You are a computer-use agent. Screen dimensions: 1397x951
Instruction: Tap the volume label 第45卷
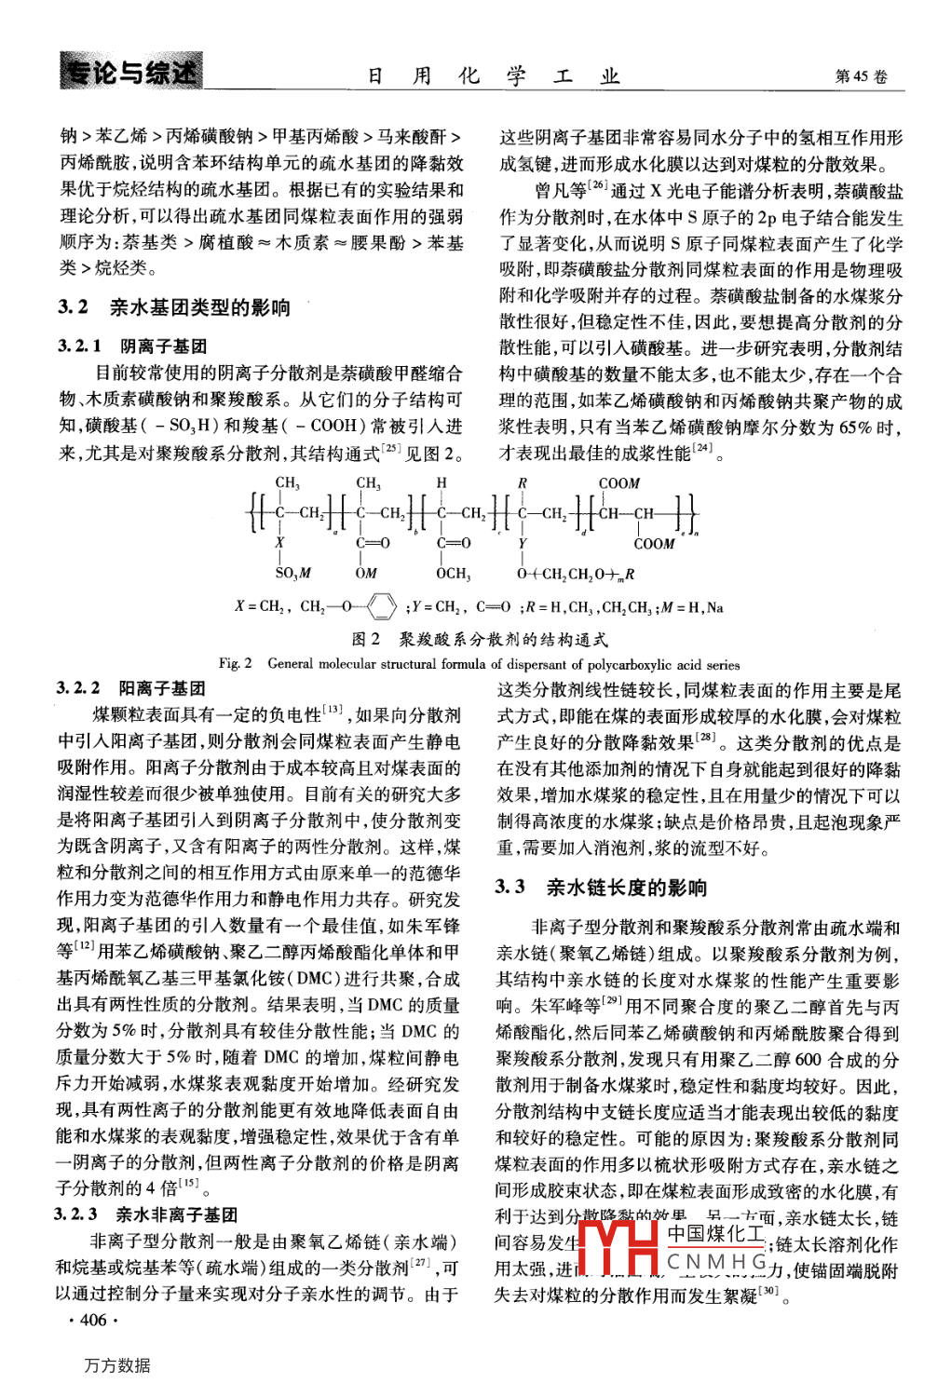click(862, 76)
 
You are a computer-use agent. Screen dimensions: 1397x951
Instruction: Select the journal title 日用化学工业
click(493, 76)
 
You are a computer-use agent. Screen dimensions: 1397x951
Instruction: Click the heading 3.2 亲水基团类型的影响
click(174, 307)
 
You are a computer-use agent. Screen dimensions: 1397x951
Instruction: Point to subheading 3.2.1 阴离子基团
click(132, 346)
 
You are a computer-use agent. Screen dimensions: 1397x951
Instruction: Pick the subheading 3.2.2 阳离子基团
click(131, 688)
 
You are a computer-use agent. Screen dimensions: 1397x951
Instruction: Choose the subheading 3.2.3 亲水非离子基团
click(146, 1214)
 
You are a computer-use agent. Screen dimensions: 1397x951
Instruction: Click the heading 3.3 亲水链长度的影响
click(601, 887)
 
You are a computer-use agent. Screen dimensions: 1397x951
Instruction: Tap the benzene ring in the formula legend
click(382, 607)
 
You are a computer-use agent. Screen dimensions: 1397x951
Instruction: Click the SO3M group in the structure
click(292, 573)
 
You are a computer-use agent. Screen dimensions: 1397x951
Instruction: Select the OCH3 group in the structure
click(454, 573)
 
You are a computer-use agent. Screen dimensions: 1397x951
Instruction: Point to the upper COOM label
click(619, 483)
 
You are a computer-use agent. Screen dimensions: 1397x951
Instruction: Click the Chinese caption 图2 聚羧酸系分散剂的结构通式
click(480, 639)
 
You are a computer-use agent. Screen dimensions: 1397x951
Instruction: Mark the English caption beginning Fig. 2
click(480, 664)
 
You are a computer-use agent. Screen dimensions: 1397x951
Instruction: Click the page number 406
click(94, 1320)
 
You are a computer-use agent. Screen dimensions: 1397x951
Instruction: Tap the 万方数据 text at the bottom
click(117, 1365)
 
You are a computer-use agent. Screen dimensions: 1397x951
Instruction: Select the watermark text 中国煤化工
click(715, 1233)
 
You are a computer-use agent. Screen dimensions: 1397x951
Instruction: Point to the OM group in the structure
click(366, 573)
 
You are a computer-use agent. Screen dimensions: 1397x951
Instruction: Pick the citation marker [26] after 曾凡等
click(597, 185)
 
